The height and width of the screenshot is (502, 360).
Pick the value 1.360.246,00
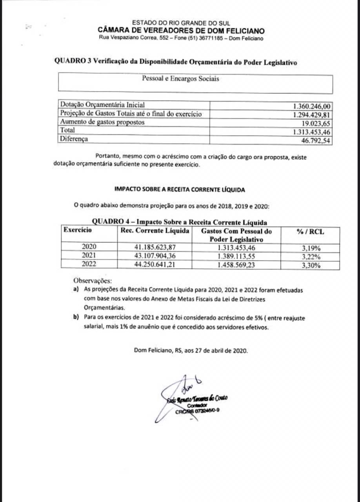312,105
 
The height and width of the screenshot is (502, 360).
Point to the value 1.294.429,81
312,114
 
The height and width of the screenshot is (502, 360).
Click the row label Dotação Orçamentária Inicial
102,105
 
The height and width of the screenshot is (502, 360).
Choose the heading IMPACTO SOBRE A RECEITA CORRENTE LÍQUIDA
180,189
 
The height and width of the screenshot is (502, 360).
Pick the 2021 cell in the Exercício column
89,256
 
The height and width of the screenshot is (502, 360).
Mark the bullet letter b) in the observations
76,317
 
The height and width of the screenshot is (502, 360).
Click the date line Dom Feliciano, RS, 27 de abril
191,351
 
